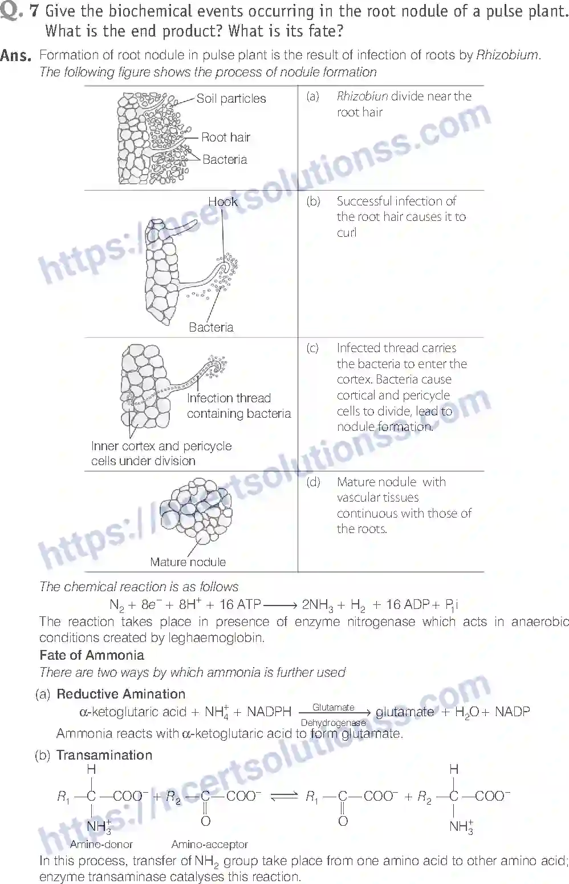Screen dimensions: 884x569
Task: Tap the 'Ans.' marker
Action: pyautogui.click(x=16, y=55)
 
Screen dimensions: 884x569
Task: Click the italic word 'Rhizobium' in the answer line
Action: pyautogui.click(x=507, y=55)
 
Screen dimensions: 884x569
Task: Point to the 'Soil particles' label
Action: pyautogui.click(x=231, y=99)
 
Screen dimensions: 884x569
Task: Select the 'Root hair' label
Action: pyautogui.click(x=226, y=137)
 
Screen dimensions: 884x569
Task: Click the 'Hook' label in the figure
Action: pyautogui.click(x=222, y=201)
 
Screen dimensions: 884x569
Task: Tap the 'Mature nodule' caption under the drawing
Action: pyautogui.click(x=188, y=562)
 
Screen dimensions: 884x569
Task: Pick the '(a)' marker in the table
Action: pyautogui.click(x=312, y=96)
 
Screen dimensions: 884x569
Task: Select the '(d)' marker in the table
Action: pyautogui.click(x=313, y=482)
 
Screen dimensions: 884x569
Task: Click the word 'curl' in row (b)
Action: pyautogui.click(x=346, y=232)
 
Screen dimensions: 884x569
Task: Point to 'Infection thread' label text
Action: pyautogui.click(x=229, y=398)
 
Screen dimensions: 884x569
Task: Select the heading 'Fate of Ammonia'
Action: pyautogui.click(x=92, y=655)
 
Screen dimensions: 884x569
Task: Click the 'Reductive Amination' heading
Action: pyautogui.click(x=121, y=694)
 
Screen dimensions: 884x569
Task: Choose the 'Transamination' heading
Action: pyautogui.click(x=104, y=755)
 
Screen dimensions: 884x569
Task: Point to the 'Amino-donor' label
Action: pyautogui.click(x=101, y=844)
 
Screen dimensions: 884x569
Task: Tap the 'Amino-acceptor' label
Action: pyautogui.click(x=209, y=844)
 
